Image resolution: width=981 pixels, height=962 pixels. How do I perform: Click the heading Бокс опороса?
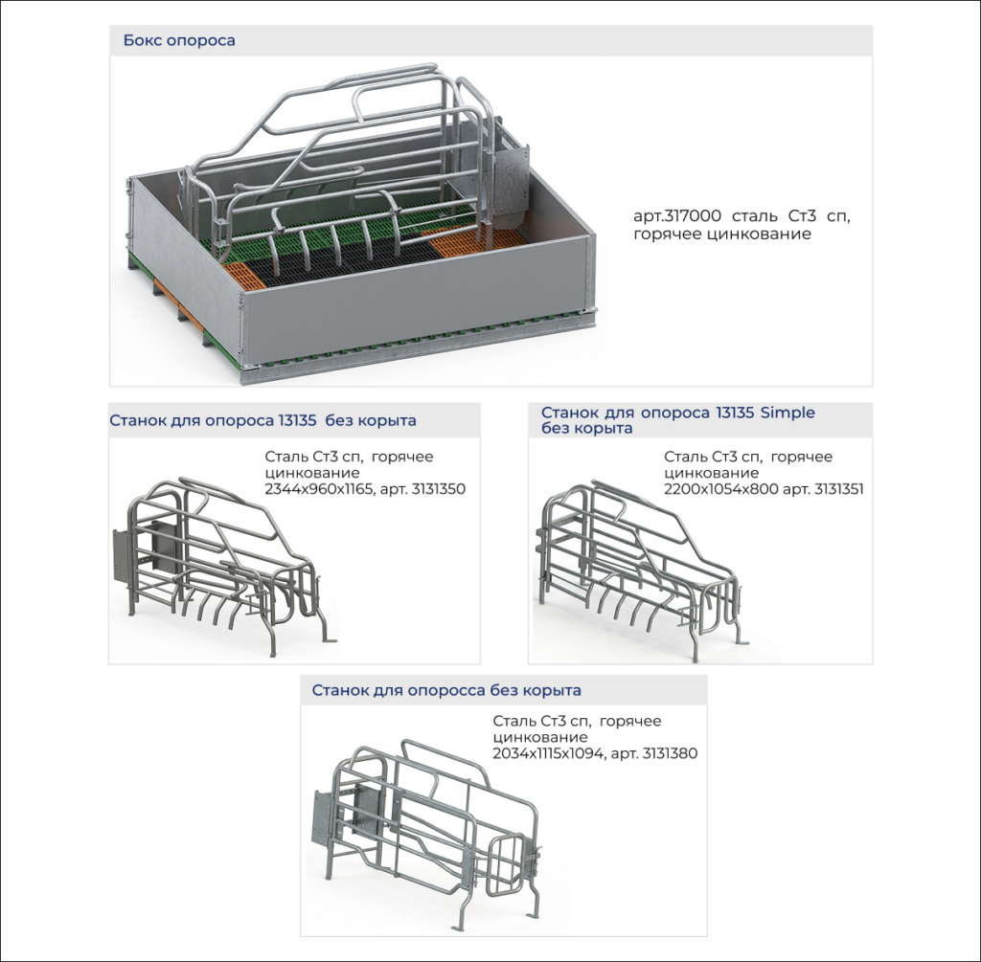[179, 40]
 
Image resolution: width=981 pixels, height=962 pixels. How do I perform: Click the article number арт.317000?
[677, 216]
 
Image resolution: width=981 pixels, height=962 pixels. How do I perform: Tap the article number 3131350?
[439, 489]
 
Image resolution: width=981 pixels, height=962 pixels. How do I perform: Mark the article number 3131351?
[837, 489]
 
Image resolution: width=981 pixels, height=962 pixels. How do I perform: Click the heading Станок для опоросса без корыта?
[446, 691]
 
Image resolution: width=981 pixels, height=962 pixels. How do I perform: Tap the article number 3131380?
[670, 753]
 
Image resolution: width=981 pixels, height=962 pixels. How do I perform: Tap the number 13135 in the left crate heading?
[295, 420]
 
